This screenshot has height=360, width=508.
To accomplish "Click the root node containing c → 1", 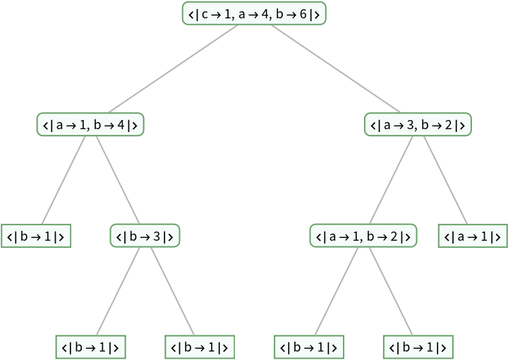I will coord(254,14).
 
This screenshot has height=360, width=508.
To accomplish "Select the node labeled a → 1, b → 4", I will coord(90,126).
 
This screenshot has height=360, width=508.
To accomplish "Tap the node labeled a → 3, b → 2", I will coord(418,126).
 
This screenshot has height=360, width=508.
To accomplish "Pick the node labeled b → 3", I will coord(145,236).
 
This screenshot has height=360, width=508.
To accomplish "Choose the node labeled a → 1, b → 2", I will coord(363,236).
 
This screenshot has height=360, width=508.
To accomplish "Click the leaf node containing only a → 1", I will coord(473,236).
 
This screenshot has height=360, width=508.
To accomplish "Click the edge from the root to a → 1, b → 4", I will coord(172,70).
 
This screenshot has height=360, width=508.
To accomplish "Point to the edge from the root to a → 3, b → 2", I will coord(336,70).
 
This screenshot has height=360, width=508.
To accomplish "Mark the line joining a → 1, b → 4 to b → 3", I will coord(117,181).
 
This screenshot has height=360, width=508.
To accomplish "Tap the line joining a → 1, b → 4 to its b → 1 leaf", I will coord(64,181).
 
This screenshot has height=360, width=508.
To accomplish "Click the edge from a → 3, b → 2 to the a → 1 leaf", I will coord(445,181).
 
